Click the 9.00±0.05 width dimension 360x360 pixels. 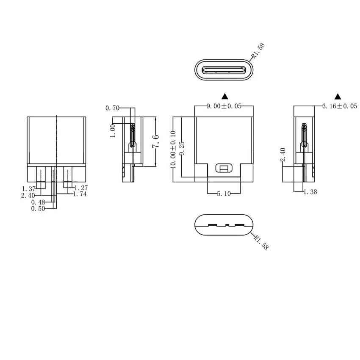[x=224, y=106]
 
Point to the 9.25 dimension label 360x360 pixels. [x=182, y=148]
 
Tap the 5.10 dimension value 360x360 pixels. [x=224, y=194]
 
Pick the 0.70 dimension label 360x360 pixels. [x=112, y=108]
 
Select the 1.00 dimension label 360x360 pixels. [x=113, y=130]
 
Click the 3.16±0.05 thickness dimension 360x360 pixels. [x=340, y=106]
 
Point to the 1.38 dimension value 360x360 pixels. [x=310, y=192]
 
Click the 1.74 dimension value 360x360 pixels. [x=80, y=194]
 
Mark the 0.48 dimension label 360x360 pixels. [x=38, y=202]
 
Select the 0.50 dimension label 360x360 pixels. [x=38, y=208]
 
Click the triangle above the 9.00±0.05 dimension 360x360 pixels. [x=225, y=96]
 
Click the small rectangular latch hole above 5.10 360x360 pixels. [x=224, y=168]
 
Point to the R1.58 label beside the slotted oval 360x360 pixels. [x=260, y=241]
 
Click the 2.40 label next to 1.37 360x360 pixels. [x=28, y=195]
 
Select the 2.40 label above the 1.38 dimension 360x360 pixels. [x=283, y=155]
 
